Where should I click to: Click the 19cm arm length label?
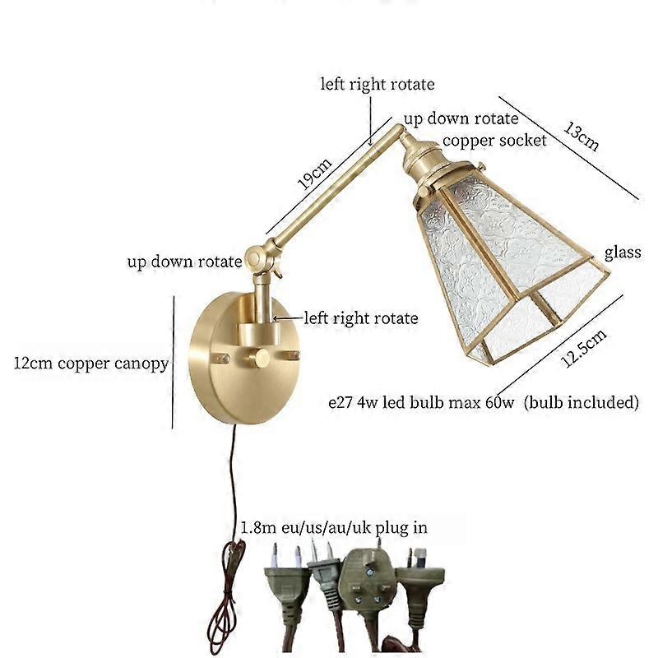tap(315, 174)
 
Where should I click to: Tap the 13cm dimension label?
tap(581, 136)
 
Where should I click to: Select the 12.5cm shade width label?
tap(583, 348)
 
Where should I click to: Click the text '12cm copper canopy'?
tap(91, 364)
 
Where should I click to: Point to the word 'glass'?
tap(623, 253)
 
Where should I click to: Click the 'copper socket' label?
tap(494, 141)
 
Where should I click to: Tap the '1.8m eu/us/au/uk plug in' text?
tap(334, 527)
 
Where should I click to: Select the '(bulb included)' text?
tap(582, 402)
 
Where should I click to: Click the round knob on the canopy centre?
tap(257, 359)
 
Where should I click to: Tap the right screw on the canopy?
tap(292, 355)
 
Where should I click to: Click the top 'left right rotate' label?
tap(378, 85)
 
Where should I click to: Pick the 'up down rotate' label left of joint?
tap(184, 262)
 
